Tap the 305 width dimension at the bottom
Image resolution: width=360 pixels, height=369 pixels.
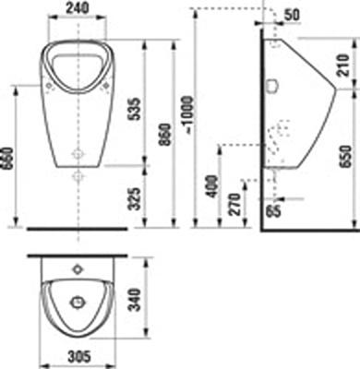coord(77,357)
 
